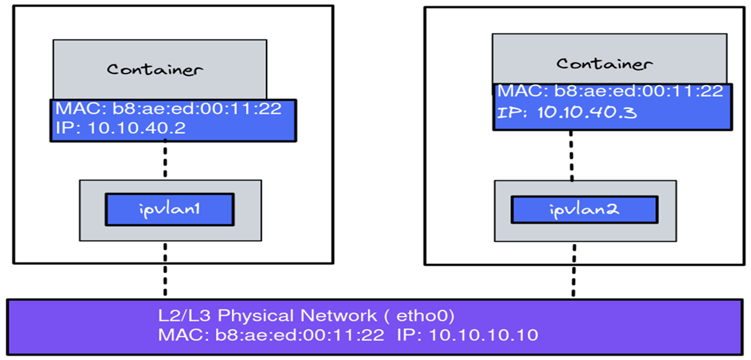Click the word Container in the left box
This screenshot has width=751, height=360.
pyautogui.click(x=155, y=69)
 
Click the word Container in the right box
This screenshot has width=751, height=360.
pyautogui.click(x=604, y=63)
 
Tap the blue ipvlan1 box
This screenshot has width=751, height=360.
pyautogui.click(x=169, y=209)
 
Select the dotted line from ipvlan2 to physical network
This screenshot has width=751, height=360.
pyautogui.click(x=573, y=270)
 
